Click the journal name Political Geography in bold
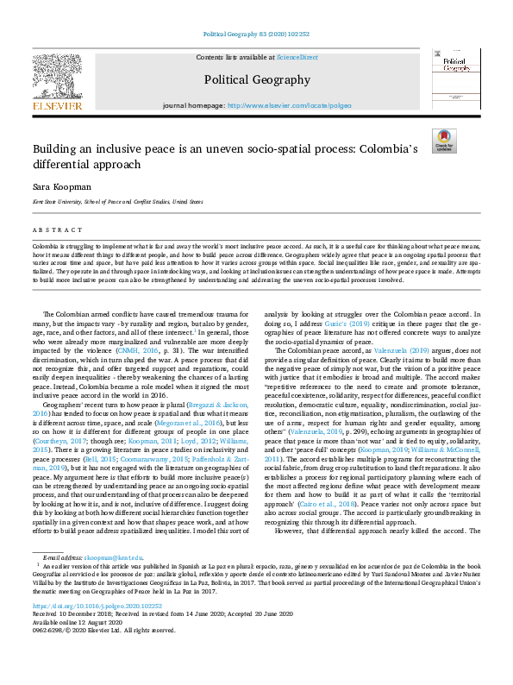pos(256,80)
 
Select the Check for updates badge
pos(444,141)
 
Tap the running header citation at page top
pos(256,35)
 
